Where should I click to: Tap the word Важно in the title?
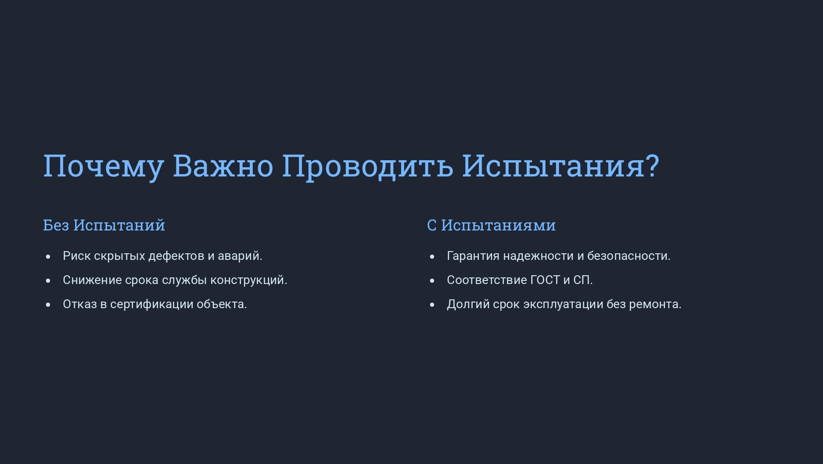[223, 165]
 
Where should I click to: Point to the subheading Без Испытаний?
[104, 225]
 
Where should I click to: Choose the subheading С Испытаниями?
[491, 225]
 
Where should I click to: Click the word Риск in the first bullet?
[76, 255]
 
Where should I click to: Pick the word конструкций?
[249, 280]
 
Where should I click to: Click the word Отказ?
[80, 304]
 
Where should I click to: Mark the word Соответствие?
[487, 280]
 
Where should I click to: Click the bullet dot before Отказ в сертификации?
[48, 305]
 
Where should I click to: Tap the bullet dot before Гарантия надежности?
[432, 256]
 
